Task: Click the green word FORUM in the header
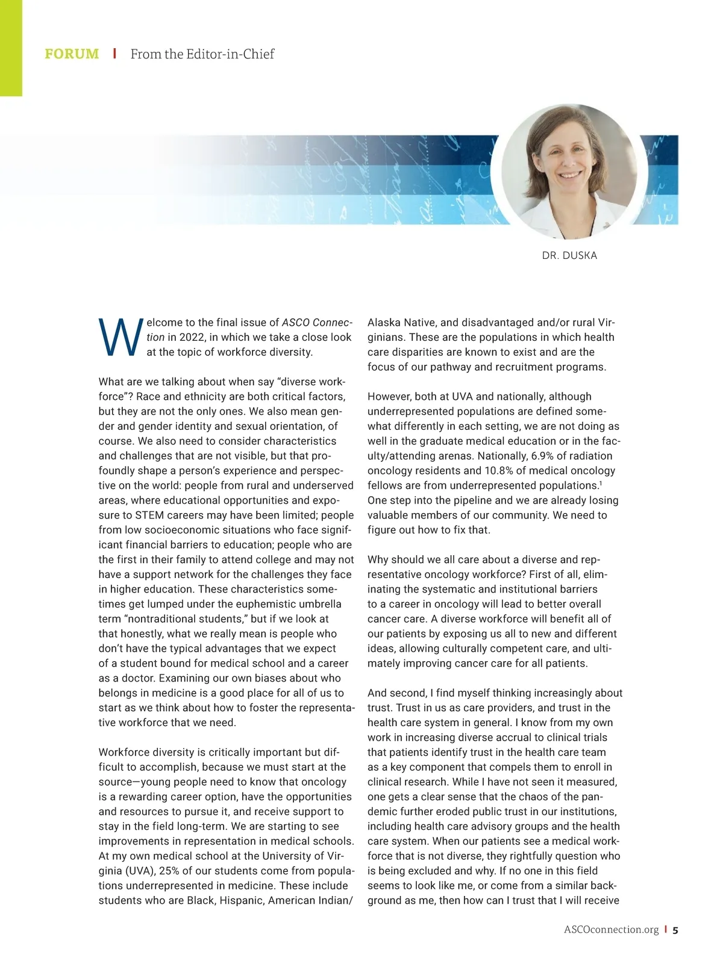[x=72, y=54]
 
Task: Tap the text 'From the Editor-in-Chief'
[x=202, y=54]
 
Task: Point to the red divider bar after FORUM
[x=114, y=54]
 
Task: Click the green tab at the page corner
[x=11, y=48]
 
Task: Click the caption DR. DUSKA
[x=569, y=255]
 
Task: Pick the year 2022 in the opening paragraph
[x=192, y=337]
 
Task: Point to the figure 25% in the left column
[x=150, y=871]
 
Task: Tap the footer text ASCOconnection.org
[x=611, y=930]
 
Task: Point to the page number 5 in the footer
[x=675, y=930]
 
